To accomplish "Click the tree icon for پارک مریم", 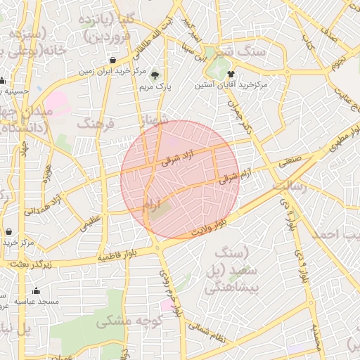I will [155, 75].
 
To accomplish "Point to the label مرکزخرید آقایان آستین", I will [243, 85].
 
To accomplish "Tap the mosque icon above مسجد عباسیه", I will [36, 291].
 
